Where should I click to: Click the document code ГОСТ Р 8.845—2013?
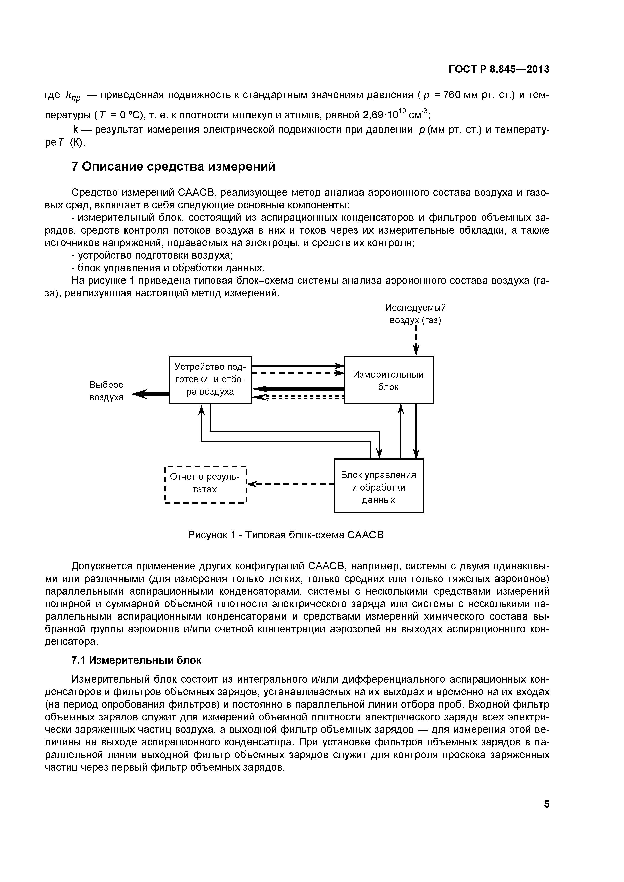pyautogui.click(x=499, y=70)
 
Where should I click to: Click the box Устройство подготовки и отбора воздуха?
pyautogui.click(x=210, y=380)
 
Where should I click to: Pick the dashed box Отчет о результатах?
pyautogui.click(x=205, y=483)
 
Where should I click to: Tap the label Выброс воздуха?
pyautogui.click(x=106, y=391)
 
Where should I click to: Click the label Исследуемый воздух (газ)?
pyautogui.click(x=415, y=314)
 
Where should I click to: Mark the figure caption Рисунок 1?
pyautogui.click(x=285, y=535)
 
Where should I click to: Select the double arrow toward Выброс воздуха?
pyautogui.click(x=150, y=393)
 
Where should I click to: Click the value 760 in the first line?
pyautogui.click(x=452, y=95)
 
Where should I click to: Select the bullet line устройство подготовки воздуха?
pyautogui.click(x=152, y=255)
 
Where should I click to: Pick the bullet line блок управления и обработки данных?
pyautogui.click(x=168, y=268)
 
